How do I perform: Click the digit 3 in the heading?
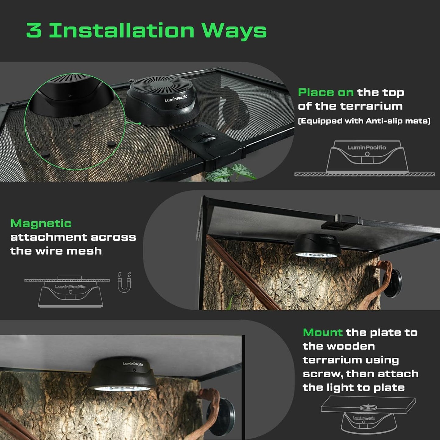pyautogui.click(x=34, y=30)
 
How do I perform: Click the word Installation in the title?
pyautogui.click(x=121, y=30)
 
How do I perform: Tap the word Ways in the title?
pyautogui.click(x=234, y=31)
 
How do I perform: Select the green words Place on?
pyautogui.click(x=326, y=92)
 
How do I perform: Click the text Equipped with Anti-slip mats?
pyautogui.click(x=364, y=121)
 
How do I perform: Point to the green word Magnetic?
pyautogui.click(x=41, y=224)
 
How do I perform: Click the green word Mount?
pyautogui.click(x=322, y=332)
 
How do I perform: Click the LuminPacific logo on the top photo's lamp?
pyautogui.click(x=176, y=98)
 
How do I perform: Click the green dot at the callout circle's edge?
pyautogui.click(x=139, y=123)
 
